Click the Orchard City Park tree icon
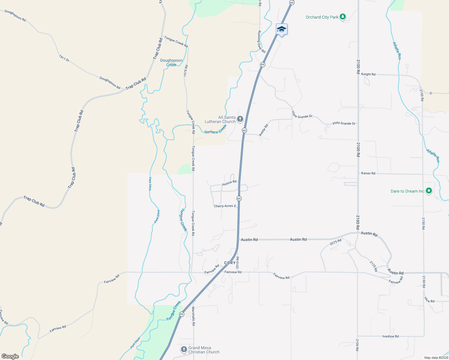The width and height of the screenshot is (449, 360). click(343, 17)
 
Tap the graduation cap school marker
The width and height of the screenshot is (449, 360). click(282, 29)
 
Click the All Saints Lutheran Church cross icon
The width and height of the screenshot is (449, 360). click(240, 119)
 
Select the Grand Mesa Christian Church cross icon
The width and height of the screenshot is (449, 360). click(184, 349)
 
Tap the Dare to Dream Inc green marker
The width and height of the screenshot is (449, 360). click(429, 191)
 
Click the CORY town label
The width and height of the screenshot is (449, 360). click(230, 263)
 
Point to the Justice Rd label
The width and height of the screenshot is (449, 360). click(229, 183)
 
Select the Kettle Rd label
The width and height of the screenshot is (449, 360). click(264, 130)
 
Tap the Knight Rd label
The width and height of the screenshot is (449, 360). click(368, 74)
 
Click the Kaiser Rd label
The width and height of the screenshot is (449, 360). click(368, 173)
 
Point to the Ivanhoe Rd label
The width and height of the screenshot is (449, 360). click(390, 336)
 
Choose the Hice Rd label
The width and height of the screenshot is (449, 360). click(429, 300)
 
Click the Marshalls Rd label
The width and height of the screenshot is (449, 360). click(194, 316)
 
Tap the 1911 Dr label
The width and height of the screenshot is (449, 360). click(64, 58)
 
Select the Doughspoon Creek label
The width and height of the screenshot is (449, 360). click(171, 62)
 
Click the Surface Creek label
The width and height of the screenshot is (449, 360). click(215, 130)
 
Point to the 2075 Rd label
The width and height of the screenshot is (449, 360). click(336, 242)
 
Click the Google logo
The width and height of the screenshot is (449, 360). click(10, 356)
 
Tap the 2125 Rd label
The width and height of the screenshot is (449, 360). click(373, 266)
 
